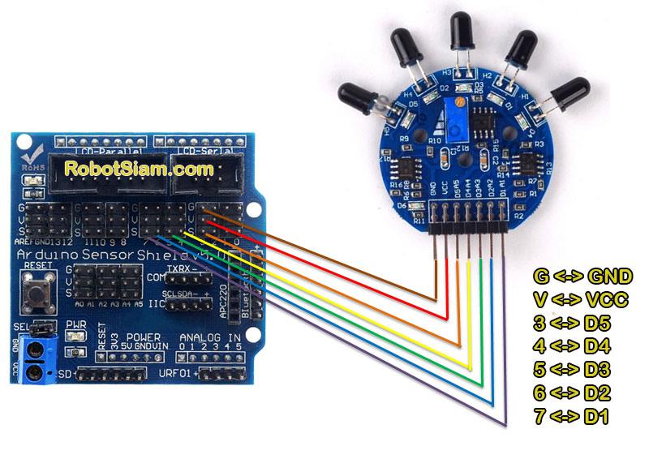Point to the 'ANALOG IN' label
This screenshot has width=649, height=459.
coord(210,337)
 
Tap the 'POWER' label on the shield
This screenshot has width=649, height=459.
coord(142,337)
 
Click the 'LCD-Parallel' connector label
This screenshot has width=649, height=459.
coord(110,152)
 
